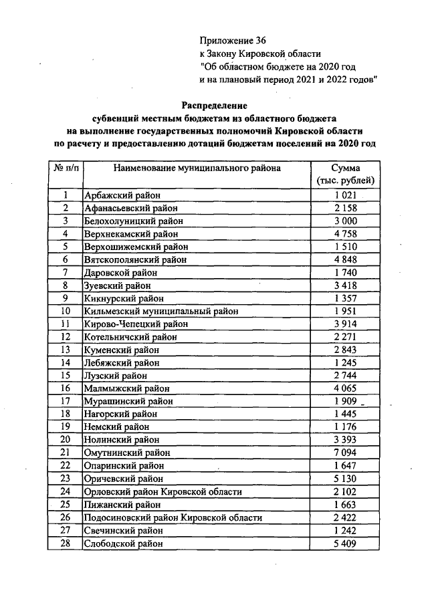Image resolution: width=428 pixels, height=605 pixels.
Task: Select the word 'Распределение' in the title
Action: tap(214, 106)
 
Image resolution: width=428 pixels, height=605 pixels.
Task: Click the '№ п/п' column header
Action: tap(65, 168)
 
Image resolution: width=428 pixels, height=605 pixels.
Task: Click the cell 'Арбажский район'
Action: tap(117, 196)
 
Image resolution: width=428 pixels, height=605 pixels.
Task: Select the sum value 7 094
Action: tap(346, 453)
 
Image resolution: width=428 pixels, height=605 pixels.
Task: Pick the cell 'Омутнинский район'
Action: tap(123, 453)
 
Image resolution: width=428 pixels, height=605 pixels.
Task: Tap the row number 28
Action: tap(66, 543)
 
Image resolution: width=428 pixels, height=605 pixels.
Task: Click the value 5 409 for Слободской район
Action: tap(346, 543)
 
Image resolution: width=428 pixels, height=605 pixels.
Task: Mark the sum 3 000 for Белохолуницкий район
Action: tap(346, 221)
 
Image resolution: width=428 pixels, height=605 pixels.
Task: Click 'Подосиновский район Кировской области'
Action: tap(172, 517)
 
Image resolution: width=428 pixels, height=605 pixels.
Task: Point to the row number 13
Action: tap(66, 350)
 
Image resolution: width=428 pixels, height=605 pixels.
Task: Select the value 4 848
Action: tap(346, 259)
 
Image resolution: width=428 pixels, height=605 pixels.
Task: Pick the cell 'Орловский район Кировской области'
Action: tap(163, 491)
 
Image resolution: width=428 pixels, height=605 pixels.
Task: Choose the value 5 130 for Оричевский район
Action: tap(346, 479)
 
